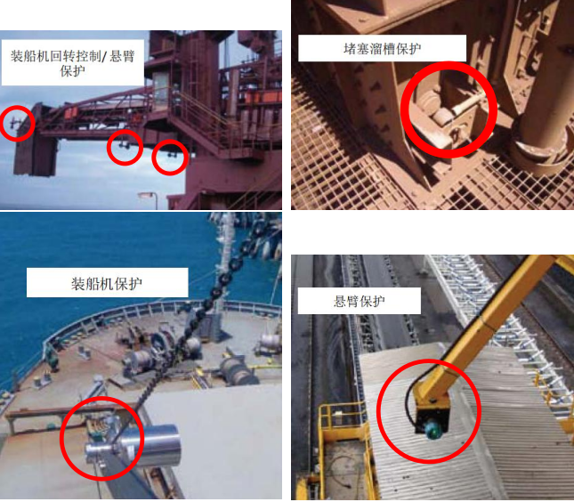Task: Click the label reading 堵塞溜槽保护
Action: (x=382, y=49)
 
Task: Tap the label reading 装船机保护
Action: (x=107, y=284)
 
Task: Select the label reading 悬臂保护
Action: (x=360, y=302)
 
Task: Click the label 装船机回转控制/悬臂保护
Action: (x=72, y=63)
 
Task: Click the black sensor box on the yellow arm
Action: (x=432, y=417)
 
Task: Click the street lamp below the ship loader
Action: (x=149, y=197)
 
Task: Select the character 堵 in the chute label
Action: (x=350, y=49)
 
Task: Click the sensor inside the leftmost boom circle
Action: (x=14, y=124)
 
